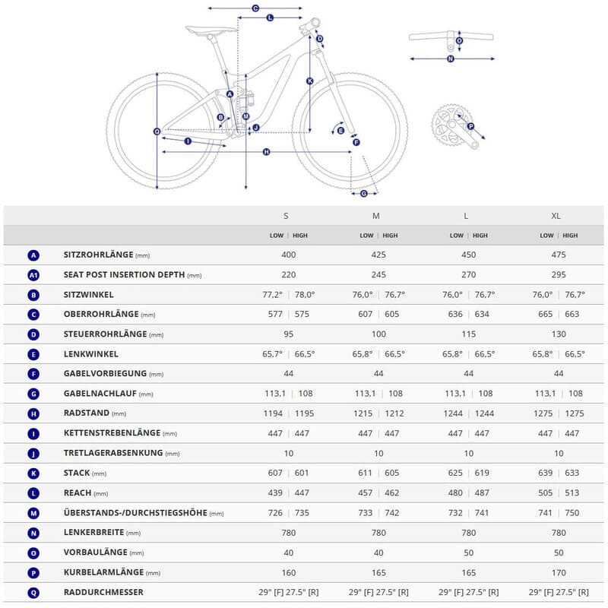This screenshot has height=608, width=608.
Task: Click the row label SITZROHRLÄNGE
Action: click(98, 255)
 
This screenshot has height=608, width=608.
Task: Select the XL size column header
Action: click(556, 216)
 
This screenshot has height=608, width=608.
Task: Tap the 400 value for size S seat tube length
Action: click(288, 255)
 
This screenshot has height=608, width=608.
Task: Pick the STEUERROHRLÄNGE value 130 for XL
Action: click(559, 334)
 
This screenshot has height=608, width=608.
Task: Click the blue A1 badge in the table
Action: click(33, 275)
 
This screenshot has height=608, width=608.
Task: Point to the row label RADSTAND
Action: click(87, 413)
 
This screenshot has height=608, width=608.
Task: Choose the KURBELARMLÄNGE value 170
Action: click(559, 572)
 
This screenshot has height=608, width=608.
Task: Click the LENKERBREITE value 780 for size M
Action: click(378, 533)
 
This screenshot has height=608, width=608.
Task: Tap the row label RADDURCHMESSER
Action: click(103, 592)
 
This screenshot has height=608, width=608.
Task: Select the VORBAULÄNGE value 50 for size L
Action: click(468, 553)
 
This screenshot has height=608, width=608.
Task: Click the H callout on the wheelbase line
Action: click(266, 152)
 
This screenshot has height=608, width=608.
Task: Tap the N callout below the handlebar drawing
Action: click(451, 58)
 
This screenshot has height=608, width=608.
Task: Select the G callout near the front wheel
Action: click(363, 193)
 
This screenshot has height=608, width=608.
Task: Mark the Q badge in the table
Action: click(33, 592)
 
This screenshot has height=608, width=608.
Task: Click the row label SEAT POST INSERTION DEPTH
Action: click(124, 275)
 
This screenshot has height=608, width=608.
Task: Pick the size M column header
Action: click(376, 216)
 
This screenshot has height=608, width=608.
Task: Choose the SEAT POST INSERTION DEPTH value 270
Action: click(468, 275)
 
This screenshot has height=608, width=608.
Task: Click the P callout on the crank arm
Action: click(470, 126)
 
